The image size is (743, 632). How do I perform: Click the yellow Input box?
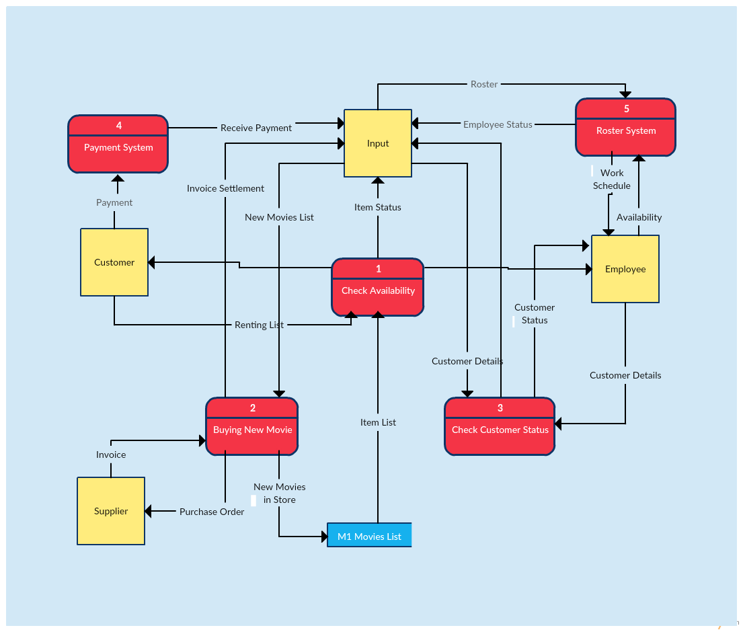(x=378, y=143)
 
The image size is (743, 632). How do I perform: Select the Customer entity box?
(x=114, y=262)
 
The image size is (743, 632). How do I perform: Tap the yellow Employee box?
(x=625, y=269)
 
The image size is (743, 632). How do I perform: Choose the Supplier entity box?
(x=111, y=511)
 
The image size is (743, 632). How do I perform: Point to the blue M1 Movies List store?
(x=369, y=536)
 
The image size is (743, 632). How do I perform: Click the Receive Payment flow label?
(x=256, y=128)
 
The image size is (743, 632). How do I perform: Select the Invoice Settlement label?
(x=225, y=188)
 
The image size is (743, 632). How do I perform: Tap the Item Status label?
(x=378, y=207)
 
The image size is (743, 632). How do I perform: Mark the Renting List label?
(x=259, y=325)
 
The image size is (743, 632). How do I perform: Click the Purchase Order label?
(x=212, y=512)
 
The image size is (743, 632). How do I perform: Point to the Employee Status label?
(x=498, y=124)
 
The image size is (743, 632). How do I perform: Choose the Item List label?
(x=378, y=422)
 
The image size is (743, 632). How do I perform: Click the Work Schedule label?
(x=612, y=179)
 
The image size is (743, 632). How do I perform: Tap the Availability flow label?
(x=639, y=217)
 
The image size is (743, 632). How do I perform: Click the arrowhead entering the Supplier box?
(x=149, y=512)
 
